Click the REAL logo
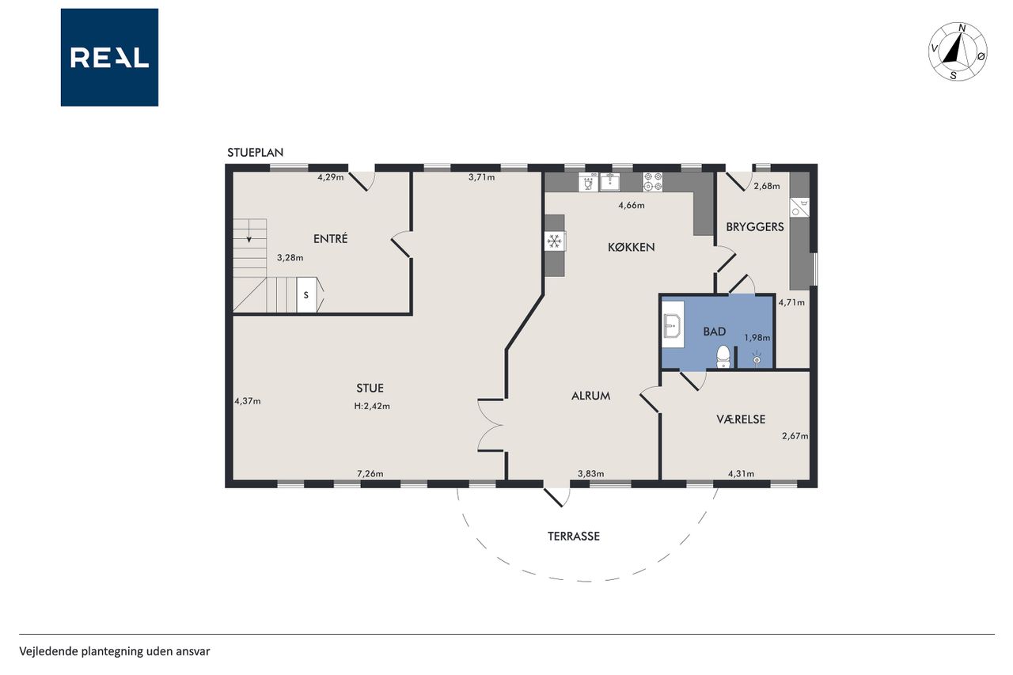pos(109,58)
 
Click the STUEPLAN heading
pos(255,153)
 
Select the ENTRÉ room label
pos(331,238)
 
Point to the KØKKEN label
pos(632,247)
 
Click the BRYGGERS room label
pos(755,226)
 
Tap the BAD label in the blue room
pos(715,332)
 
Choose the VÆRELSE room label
pos(741,419)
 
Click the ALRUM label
pos(590,396)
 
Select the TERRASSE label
pos(574,537)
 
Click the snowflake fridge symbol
pos(555,241)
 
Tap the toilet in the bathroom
pos(723,357)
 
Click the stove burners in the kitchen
pos(653,182)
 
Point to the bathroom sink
pos(673,324)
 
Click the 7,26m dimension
pos(370,474)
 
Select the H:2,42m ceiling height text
pos(372,406)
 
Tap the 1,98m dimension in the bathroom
pos(757,337)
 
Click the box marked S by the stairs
pos(306,295)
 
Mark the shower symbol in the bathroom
pos(757,358)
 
